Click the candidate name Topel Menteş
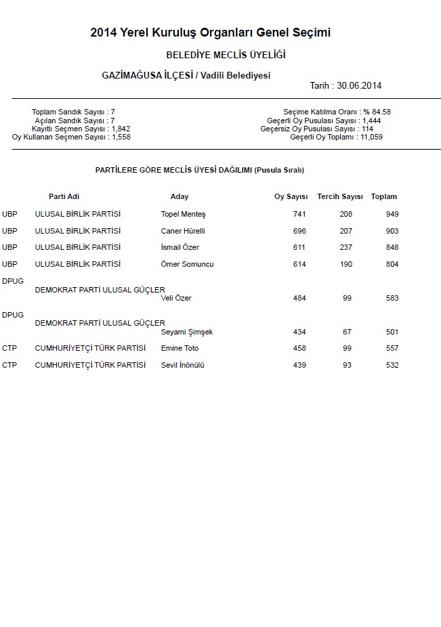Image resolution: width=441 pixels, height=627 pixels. (x=183, y=215)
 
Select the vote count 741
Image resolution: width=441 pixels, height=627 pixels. (x=299, y=215)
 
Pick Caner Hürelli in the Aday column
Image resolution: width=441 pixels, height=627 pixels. (x=182, y=231)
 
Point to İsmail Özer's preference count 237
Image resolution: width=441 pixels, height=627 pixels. (x=346, y=248)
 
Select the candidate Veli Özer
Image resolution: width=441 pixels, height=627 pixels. (x=176, y=299)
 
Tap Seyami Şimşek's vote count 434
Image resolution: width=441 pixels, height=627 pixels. (x=299, y=332)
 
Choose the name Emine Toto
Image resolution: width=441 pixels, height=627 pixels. (x=180, y=349)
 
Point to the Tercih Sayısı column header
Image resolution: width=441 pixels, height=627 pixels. (x=340, y=197)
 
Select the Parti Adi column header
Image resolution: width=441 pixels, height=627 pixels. (x=64, y=197)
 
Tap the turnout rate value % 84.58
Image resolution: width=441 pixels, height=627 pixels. (x=377, y=112)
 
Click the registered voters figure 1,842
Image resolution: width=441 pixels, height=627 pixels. (x=121, y=129)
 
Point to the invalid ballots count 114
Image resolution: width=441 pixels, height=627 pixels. (x=368, y=129)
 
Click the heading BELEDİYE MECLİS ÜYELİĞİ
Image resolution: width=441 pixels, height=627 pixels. (x=226, y=54)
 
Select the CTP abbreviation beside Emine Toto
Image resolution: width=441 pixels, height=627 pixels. (x=9, y=349)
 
